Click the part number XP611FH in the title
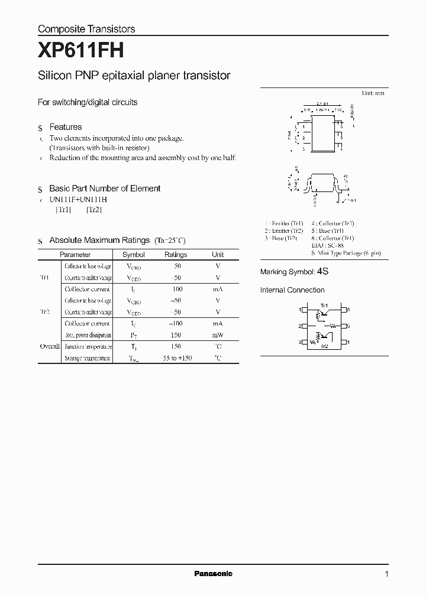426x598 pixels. [x=81, y=51]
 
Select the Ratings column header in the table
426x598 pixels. [x=176, y=255]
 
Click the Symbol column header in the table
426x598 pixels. [x=134, y=255]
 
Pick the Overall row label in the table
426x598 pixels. [x=50, y=347]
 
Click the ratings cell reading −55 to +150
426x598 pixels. [x=176, y=359]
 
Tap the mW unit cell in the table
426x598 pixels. [x=218, y=335]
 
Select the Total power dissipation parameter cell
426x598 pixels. [x=88, y=335]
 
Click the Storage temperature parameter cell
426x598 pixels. [x=88, y=359]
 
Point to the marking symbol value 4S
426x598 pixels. [x=322, y=272]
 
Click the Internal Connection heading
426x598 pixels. [x=292, y=290]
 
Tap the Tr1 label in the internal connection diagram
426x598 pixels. [x=324, y=305]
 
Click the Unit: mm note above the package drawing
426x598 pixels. [x=373, y=93]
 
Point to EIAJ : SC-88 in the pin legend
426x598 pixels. [x=324, y=245]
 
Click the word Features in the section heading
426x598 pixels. [x=66, y=127]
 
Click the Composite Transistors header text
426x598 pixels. [x=86, y=29]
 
